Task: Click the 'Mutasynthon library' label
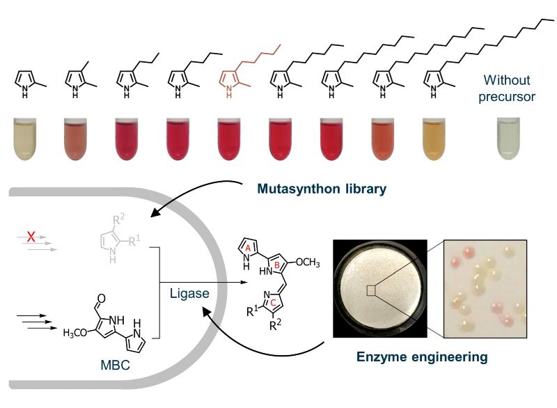(x=322, y=188)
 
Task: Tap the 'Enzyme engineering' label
(x=422, y=357)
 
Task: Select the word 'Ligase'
(x=189, y=293)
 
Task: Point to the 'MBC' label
(x=115, y=365)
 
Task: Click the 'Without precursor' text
(x=507, y=88)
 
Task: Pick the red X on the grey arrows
(x=31, y=236)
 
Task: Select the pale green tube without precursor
(x=508, y=139)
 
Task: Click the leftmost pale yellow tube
(x=25, y=139)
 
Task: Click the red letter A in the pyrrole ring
(x=249, y=248)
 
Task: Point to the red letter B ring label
(x=277, y=265)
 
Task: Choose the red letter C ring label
(x=273, y=303)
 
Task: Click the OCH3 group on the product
(x=308, y=262)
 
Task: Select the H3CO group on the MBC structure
(x=75, y=333)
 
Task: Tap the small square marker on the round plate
(x=371, y=290)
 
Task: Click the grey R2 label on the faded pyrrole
(x=118, y=219)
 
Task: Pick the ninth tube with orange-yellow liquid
(x=434, y=139)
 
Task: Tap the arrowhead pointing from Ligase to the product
(x=244, y=283)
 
